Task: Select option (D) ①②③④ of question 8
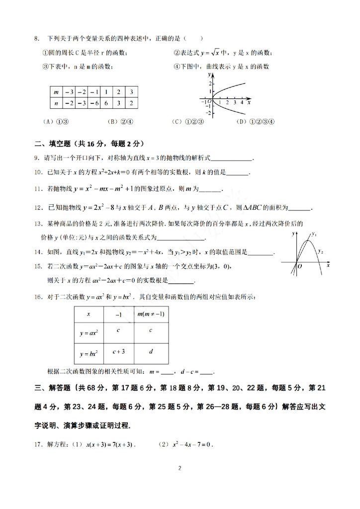[256, 121]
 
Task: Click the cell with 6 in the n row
[106, 102]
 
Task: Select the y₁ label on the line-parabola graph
[314, 233]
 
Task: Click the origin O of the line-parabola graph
[300, 266]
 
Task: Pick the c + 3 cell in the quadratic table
[118, 351]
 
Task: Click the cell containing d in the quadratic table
[151, 351]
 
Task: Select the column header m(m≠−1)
[151, 315]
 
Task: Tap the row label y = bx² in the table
[88, 353]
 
